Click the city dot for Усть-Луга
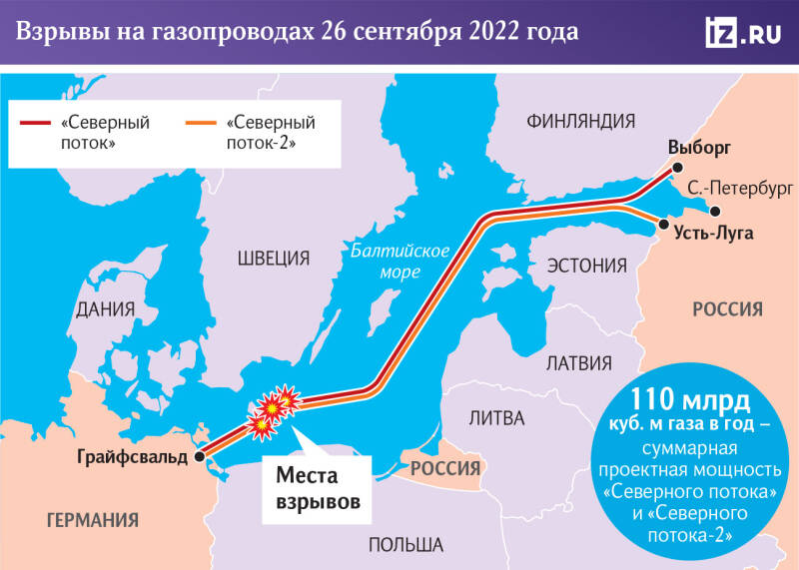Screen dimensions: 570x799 [x=661, y=227]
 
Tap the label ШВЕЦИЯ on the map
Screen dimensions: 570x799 [x=274, y=258]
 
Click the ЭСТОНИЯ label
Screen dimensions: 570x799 [x=586, y=267]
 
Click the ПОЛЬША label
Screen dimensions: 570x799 [x=405, y=545]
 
